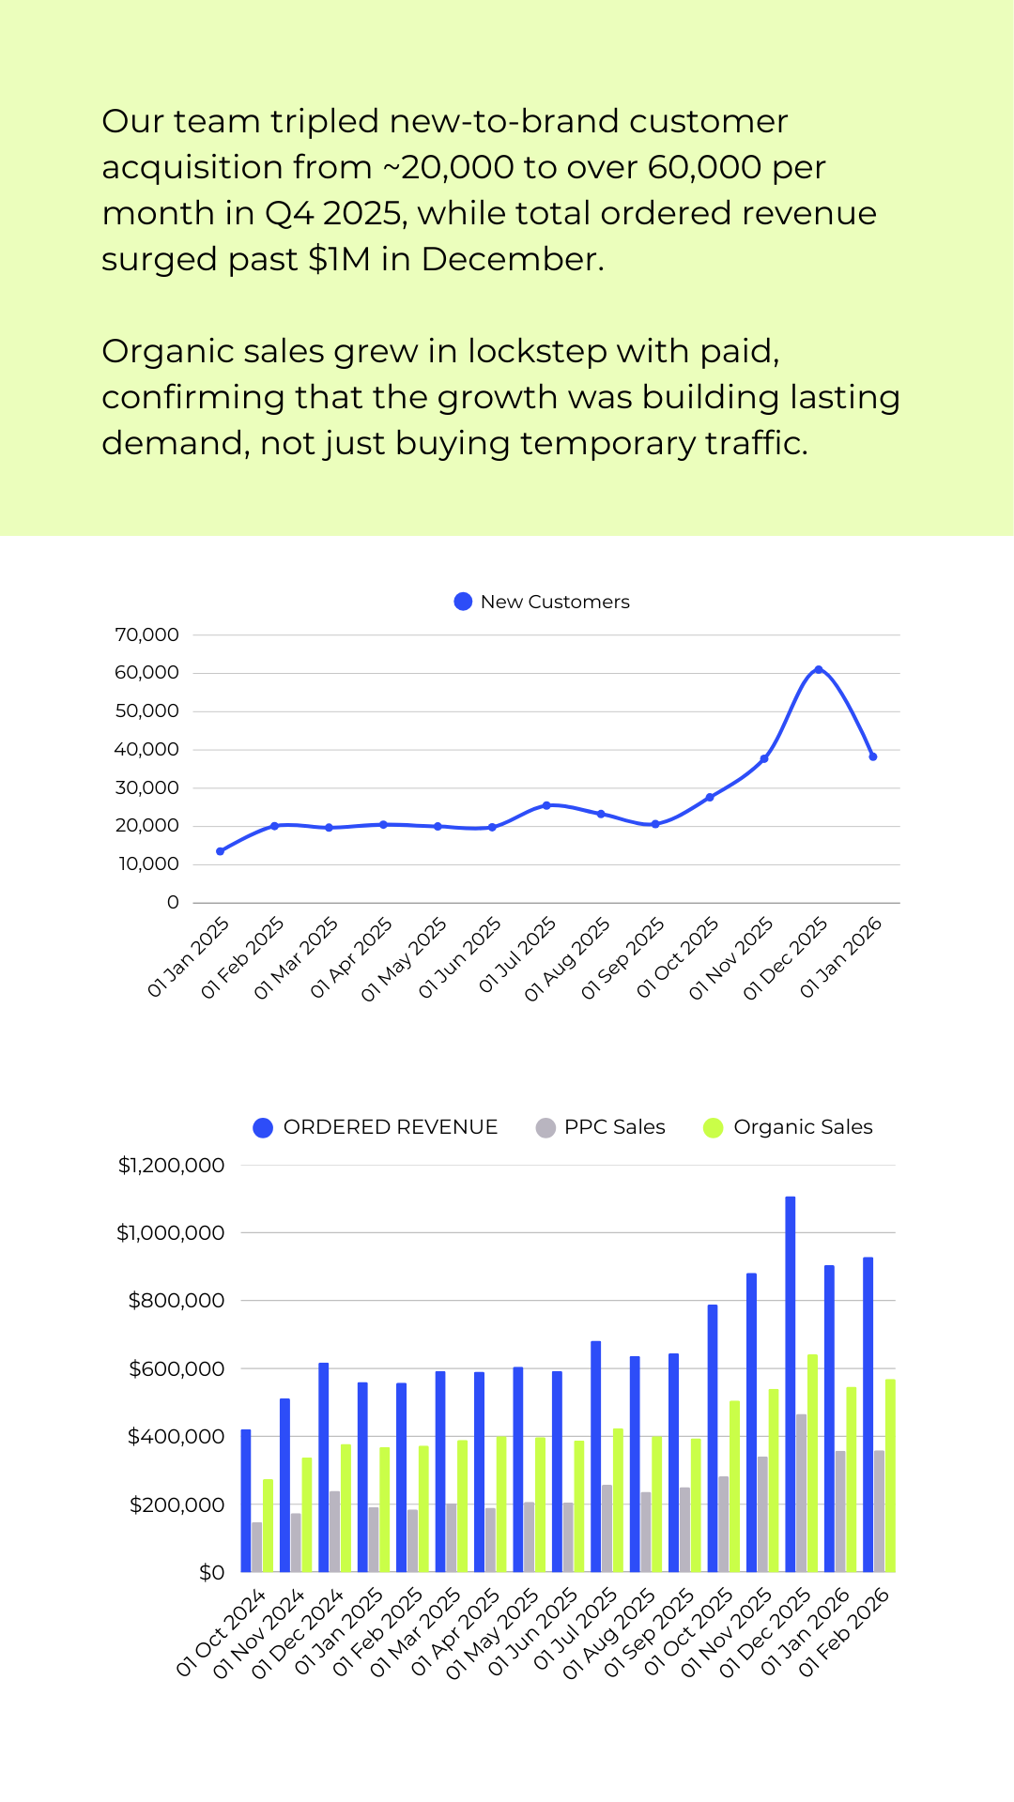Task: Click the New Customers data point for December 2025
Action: [819, 669]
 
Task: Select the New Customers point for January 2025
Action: [220, 851]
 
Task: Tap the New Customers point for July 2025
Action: [546, 805]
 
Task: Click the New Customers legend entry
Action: [542, 602]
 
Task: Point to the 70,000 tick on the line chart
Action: [147, 635]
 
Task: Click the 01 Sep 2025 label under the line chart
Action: [622, 958]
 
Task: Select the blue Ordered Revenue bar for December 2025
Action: [791, 1384]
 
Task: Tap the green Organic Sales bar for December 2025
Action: [812, 1463]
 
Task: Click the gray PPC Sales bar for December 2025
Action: [801, 1493]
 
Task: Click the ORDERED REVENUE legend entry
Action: [376, 1127]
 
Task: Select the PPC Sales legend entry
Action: [601, 1127]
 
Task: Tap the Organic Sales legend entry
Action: [789, 1127]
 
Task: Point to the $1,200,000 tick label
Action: [172, 1166]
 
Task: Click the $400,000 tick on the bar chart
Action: [177, 1437]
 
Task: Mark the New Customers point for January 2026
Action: [873, 756]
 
